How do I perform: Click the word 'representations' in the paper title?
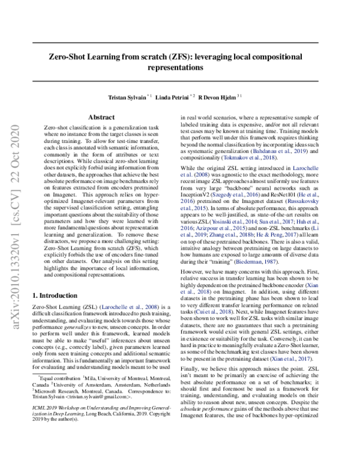180,68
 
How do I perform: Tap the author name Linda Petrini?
174,97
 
